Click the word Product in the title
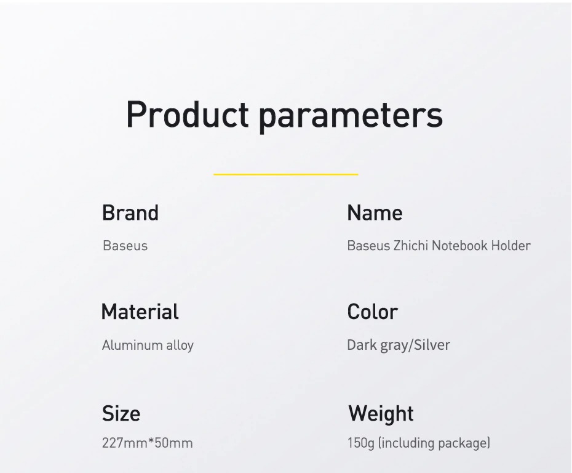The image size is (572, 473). pyautogui.click(x=188, y=114)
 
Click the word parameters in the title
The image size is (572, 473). pyautogui.click(x=351, y=117)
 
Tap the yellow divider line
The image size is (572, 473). pyautogui.click(x=285, y=174)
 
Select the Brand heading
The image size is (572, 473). pyautogui.click(x=130, y=212)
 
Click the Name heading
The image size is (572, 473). pyautogui.click(x=375, y=212)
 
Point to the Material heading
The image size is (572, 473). pyautogui.click(x=140, y=312)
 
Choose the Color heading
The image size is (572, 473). pyautogui.click(x=373, y=312)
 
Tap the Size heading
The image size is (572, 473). pyautogui.click(x=121, y=414)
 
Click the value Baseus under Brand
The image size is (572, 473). pyautogui.click(x=125, y=246)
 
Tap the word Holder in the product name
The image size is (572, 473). pyautogui.click(x=510, y=246)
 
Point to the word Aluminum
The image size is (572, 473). pyautogui.click(x=132, y=345)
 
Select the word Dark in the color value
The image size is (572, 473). pyautogui.click(x=362, y=345)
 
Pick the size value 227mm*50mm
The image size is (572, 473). pyautogui.click(x=148, y=443)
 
